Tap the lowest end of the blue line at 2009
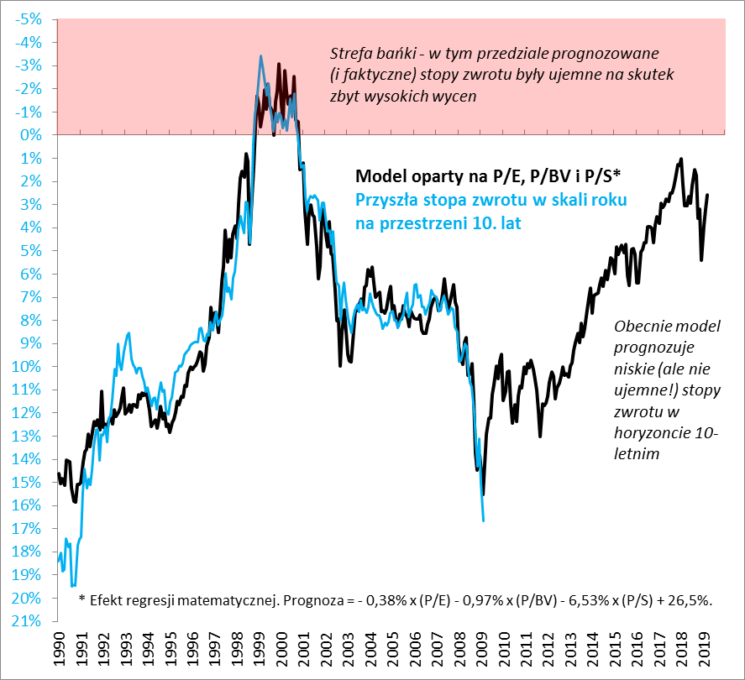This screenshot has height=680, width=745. [483, 521]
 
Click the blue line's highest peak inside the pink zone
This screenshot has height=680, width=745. [260, 56]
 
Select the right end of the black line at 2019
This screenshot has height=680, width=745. [708, 195]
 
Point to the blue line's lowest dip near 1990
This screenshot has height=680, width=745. [73, 585]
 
